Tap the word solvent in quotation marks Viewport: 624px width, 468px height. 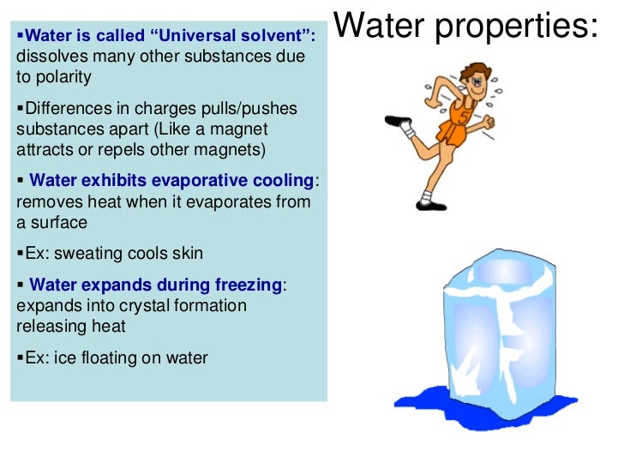(275, 38)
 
